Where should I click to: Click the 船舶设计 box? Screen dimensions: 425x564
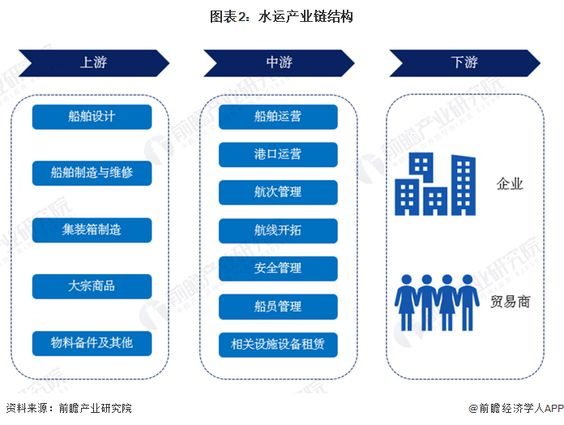[x=92, y=117]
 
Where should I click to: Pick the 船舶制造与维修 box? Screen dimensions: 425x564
[x=92, y=173]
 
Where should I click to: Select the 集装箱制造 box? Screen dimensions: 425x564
[x=92, y=230]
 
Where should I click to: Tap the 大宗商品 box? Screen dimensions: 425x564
[x=92, y=286]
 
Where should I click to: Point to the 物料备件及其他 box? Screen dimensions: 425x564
[x=92, y=343]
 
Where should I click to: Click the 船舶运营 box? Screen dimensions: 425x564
[x=277, y=117]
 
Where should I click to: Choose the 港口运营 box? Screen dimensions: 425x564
[x=277, y=154]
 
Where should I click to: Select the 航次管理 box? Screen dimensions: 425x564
[x=277, y=192]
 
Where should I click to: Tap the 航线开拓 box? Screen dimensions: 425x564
[x=277, y=230]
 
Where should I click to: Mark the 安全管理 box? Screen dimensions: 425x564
[x=277, y=268]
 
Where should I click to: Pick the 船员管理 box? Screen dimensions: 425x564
[x=277, y=306]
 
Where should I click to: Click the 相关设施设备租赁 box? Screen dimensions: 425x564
[x=277, y=344]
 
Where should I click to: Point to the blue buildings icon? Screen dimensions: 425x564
[x=434, y=186]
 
